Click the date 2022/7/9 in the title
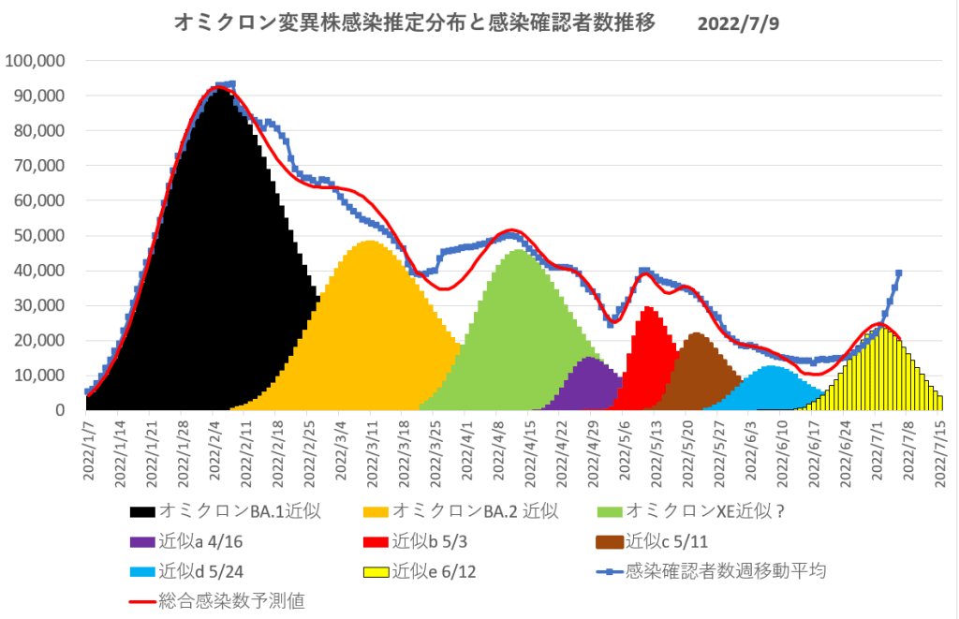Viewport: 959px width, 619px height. click(x=738, y=23)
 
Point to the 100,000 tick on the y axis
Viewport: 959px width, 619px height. click(x=36, y=61)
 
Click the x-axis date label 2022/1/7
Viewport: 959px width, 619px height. click(x=88, y=450)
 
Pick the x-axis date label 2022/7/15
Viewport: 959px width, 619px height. click(x=941, y=450)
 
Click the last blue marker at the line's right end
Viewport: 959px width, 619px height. click(x=898, y=273)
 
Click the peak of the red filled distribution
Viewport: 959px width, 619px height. click(x=648, y=308)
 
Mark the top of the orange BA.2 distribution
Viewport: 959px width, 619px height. click(x=370, y=243)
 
